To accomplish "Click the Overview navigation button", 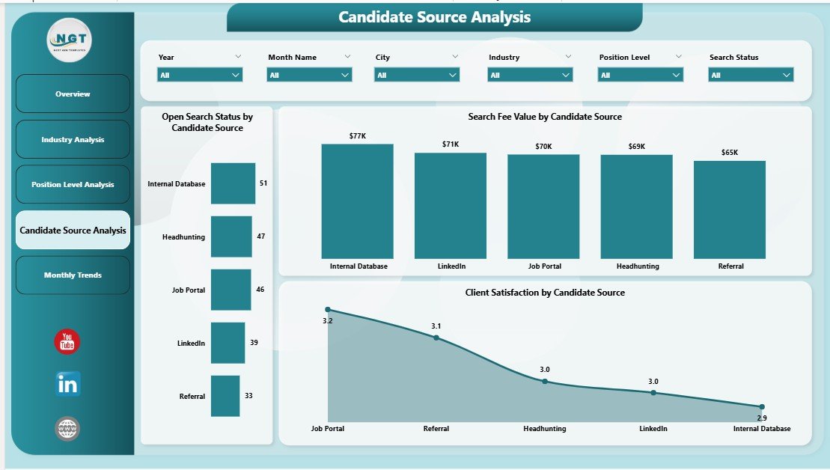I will click(73, 94).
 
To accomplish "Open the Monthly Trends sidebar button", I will click(73, 275).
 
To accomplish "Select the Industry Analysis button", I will click(73, 140).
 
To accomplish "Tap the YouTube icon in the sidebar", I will click(67, 341).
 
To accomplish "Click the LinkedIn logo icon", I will click(67, 384).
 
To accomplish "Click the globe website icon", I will click(67, 429).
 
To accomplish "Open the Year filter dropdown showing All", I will click(200, 75).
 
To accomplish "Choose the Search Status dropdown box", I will click(751, 75).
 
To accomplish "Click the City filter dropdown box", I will click(418, 75).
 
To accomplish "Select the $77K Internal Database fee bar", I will click(357, 201).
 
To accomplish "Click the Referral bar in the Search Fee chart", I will click(729, 210).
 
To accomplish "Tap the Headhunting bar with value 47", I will click(231, 236).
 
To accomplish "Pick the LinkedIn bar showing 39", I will click(228, 343).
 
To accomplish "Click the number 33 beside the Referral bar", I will click(248, 396).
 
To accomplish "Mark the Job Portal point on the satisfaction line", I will click(328, 310).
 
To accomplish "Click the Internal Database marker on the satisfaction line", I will click(761, 407).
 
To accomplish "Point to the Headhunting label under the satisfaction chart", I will click(544, 429).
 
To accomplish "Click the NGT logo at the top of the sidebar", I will click(70, 39).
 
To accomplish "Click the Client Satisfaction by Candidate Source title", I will click(544, 293).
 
